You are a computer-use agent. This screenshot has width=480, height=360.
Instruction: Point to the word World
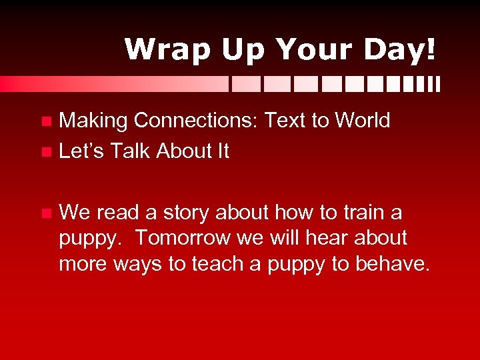[362, 121]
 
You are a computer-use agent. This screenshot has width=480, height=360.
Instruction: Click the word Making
[93, 121]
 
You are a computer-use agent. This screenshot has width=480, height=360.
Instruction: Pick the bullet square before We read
[45, 214]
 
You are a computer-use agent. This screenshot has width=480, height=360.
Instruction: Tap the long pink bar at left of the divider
[113, 84]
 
